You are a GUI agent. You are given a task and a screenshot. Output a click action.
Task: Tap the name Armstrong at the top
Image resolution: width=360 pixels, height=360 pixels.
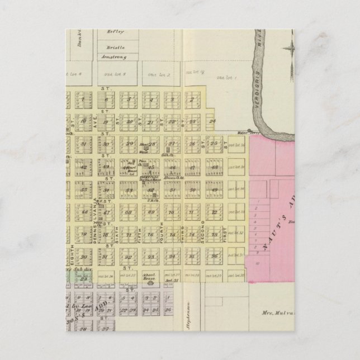pos(112,57)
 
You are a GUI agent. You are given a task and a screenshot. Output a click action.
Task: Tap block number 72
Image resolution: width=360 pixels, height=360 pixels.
pos(214,212)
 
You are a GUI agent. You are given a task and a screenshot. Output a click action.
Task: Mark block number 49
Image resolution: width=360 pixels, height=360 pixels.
pos(214,190)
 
